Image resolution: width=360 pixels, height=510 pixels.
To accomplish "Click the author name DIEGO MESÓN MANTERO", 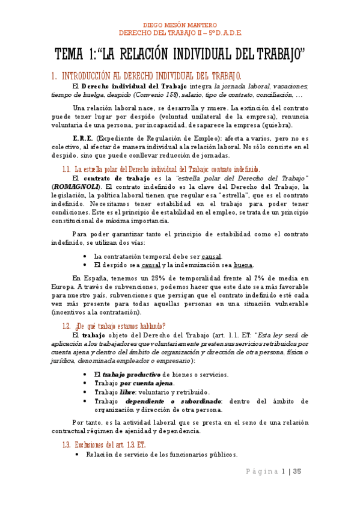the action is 180,26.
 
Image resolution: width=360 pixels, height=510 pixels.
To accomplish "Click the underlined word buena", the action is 243,265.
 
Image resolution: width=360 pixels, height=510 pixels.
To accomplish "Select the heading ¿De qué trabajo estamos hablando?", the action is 119,326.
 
